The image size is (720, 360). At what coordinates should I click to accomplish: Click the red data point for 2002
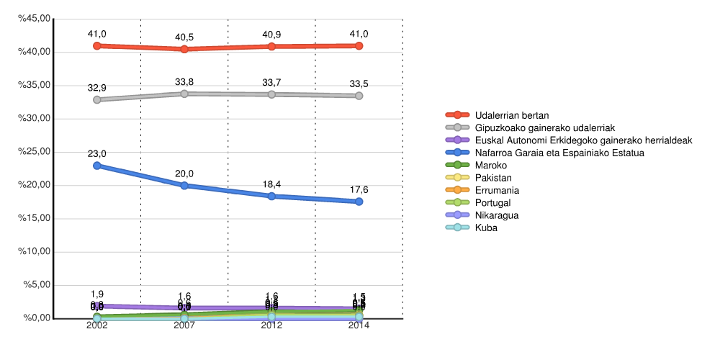97,45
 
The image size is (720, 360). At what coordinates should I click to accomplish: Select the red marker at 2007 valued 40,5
184,49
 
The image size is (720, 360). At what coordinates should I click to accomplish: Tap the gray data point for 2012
271,94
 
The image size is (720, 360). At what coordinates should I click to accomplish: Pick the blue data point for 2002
97,166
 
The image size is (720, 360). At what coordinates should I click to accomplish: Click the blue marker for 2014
359,202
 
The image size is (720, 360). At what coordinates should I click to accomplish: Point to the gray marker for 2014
359,96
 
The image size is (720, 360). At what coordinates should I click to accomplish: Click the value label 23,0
97,154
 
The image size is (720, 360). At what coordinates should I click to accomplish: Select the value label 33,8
184,82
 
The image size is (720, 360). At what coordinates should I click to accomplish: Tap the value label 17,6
359,190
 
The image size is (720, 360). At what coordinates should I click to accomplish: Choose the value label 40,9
271,35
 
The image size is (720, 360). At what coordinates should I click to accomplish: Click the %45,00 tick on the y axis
35,19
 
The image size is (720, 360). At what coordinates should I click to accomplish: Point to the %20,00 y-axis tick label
35,186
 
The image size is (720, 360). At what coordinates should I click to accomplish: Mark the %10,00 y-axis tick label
35,252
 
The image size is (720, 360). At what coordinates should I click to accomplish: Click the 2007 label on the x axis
184,325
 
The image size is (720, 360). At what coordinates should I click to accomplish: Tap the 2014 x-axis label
359,325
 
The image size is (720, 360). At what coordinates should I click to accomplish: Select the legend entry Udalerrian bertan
512,115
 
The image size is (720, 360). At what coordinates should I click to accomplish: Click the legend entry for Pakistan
493,178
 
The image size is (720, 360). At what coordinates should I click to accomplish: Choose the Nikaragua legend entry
497,215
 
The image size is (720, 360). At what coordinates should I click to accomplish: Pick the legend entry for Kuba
486,228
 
